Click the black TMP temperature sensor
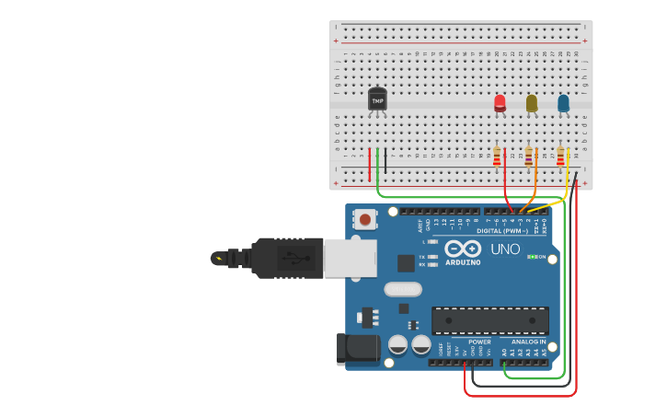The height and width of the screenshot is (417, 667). pos(377,99)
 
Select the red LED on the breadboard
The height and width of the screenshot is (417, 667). pos(500,102)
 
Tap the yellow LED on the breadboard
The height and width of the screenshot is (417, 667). pos(532,103)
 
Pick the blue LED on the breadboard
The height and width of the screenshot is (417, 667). pos(563,103)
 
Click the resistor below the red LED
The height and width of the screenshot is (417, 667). pos(497,157)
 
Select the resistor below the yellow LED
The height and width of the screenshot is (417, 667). pos(528,157)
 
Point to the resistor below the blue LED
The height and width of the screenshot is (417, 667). pos(560,157)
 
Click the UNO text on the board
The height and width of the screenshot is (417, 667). pos(505,249)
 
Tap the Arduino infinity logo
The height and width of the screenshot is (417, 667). pos(462,248)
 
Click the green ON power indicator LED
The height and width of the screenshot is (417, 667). pos(531,257)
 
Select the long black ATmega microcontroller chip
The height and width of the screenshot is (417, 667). pos(489,320)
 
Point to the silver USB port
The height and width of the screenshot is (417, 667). pos(350,258)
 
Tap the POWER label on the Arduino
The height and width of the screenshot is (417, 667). pos(479,342)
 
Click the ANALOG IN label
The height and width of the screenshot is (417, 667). pos(529,342)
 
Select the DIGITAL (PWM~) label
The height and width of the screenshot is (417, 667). pos(502,231)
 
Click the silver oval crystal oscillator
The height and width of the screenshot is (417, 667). pos(402,289)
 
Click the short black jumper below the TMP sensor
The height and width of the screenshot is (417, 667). pos(385,161)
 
